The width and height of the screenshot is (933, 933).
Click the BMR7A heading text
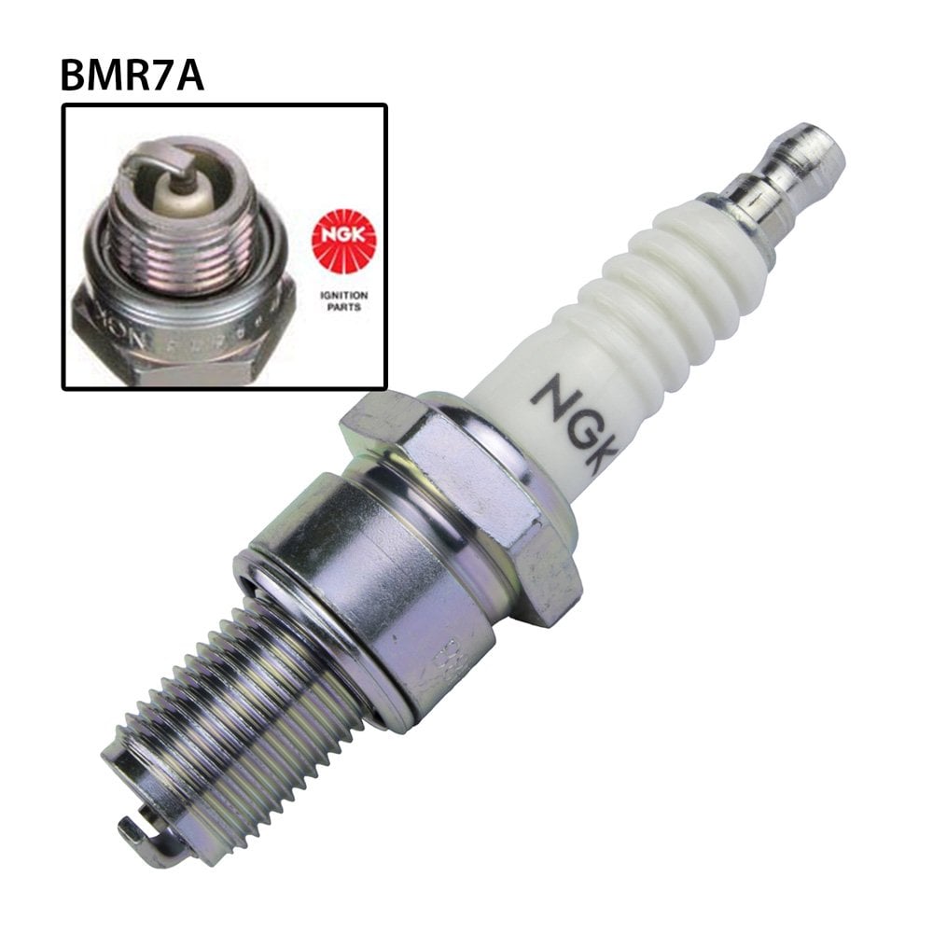click(x=132, y=74)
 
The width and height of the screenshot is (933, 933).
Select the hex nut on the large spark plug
click(x=466, y=476)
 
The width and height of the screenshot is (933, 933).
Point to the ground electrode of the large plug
click(x=140, y=830)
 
